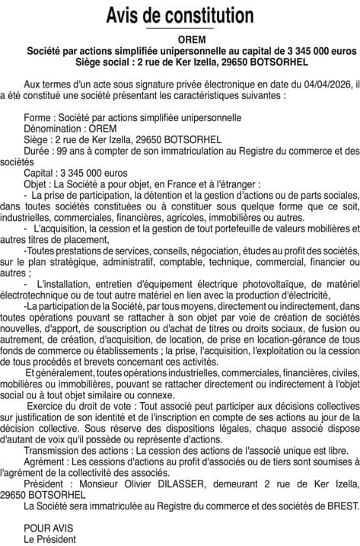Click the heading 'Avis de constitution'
180,14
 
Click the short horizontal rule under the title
180,29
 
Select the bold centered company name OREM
180,39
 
